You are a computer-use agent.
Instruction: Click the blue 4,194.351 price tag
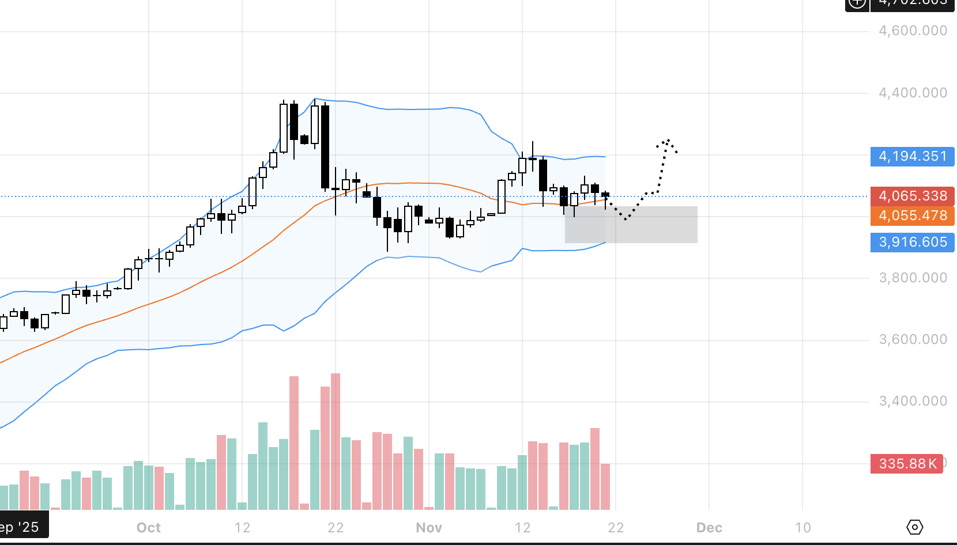coord(912,157)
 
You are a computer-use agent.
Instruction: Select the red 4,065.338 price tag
coord(912,196)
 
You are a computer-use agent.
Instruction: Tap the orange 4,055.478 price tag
coord(912,215)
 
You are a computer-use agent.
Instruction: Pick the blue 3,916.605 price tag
coord(912,242)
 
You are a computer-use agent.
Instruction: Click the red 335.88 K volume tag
coord(907,464)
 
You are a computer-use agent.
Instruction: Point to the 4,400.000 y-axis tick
coord(913,93)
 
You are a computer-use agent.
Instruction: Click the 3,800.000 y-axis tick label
coord(913,278)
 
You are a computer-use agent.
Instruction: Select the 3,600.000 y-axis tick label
coord(913,339)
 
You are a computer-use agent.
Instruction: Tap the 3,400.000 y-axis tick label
coord(913,401)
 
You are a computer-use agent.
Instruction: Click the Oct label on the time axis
coord(149,528)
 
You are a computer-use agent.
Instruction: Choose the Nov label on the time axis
coord(429,528)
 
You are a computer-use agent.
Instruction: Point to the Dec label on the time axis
coord(709,528)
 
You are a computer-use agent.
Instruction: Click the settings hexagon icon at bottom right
coord(915,527)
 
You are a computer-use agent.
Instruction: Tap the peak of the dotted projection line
coord(668,141)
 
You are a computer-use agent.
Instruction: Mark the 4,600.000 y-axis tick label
coord(913,31)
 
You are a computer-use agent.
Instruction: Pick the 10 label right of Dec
coord(802,528)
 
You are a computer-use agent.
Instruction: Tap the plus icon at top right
coord(857,3)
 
